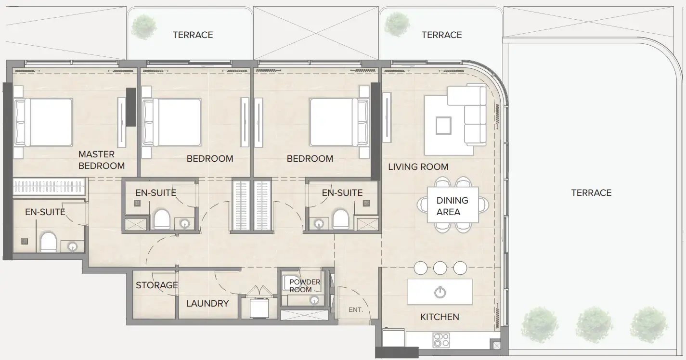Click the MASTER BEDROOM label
[101, 160]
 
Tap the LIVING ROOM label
[418, 167]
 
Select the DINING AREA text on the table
[452, 206]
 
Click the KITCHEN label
[440, 317]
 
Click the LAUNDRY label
[207, 303]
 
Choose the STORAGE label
[156, 285]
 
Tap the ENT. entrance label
[355, 310]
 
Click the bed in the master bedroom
[44, 122]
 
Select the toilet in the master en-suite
[49, 242]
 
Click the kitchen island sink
[439, 292]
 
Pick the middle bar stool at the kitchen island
[440, 268]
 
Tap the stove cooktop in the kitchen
[441, 340]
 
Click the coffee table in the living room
[443, 126]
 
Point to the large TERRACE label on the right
[591, 193]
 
